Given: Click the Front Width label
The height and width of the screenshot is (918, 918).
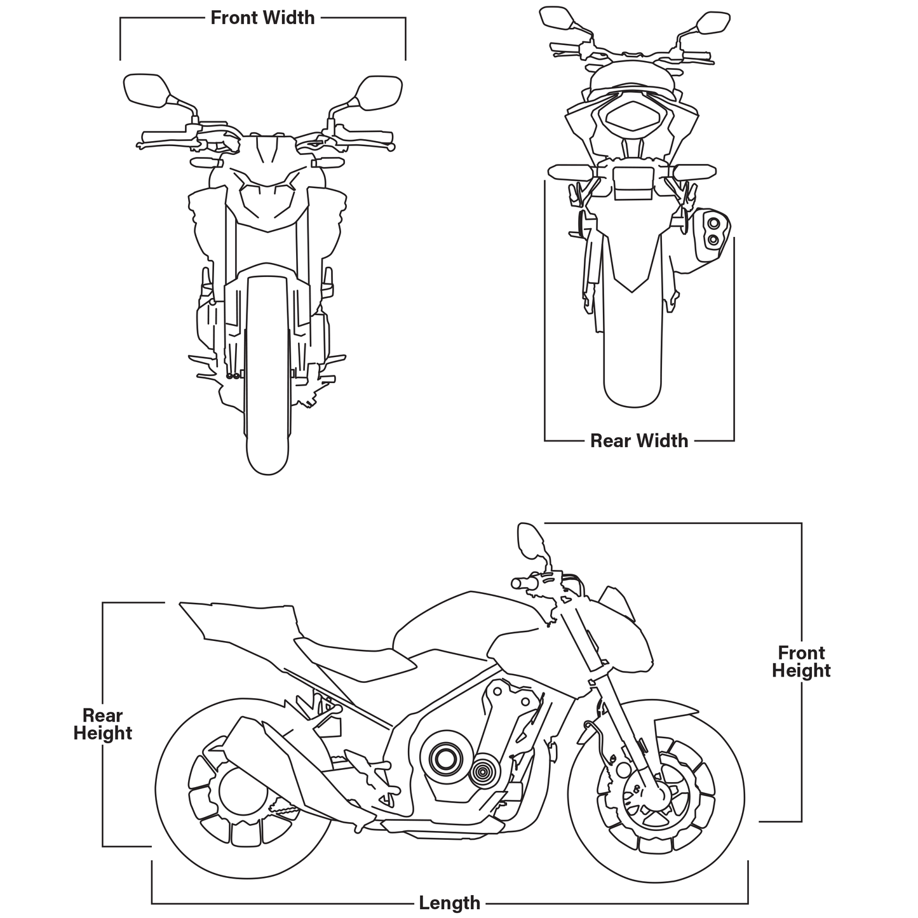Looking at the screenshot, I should click(262, 18).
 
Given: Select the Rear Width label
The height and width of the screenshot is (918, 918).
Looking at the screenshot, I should click(638, 440).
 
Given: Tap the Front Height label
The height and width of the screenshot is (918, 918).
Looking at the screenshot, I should click(800, 661).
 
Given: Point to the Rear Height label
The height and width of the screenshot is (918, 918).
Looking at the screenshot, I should click(102, 724).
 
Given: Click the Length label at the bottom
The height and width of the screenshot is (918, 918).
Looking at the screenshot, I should click(449, 902).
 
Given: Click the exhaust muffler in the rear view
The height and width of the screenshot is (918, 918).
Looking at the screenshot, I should click(712, 234).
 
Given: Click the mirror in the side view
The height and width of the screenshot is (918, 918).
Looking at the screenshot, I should click(530, 539).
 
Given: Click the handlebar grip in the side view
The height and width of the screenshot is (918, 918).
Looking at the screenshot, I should click(522, 583).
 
